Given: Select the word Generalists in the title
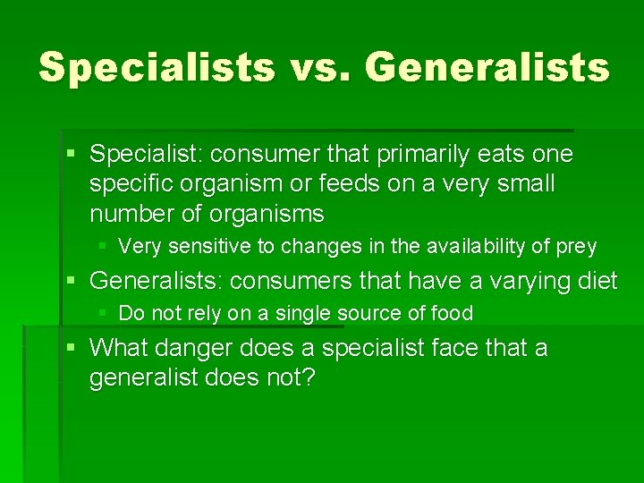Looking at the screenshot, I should click(x=487, y=68).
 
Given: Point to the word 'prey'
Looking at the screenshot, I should click(x=576, y=247).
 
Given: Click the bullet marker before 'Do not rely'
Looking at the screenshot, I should click(x=106, y=313).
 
